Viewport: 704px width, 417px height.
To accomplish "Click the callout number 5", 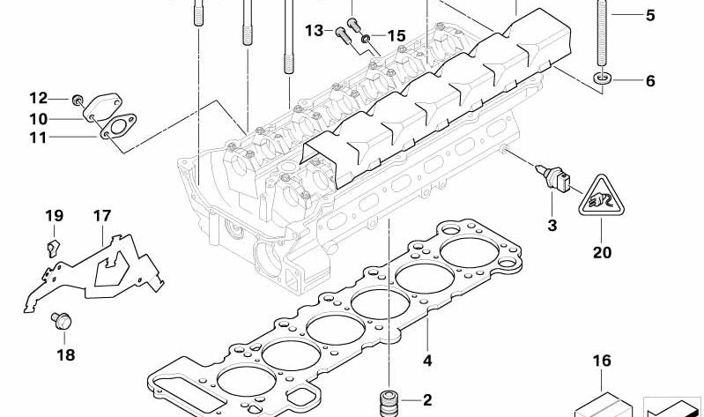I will [650, 15].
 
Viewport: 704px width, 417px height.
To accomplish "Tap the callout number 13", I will [315, 31].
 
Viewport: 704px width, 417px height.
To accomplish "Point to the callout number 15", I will [396, 36].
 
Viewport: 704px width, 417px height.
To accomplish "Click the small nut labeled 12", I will [78, 98].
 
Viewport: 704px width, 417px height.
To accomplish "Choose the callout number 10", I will [37, 118].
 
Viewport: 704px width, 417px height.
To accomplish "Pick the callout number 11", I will [37, 138].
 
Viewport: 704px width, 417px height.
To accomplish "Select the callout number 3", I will [552, 226].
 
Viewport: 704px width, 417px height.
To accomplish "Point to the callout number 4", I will [426, 360].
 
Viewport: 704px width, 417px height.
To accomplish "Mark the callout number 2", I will [426, 398].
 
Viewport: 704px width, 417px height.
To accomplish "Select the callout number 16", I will [602, 361].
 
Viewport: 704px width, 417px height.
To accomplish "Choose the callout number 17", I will [102, 215].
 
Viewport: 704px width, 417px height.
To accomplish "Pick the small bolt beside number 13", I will [339, 34].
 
